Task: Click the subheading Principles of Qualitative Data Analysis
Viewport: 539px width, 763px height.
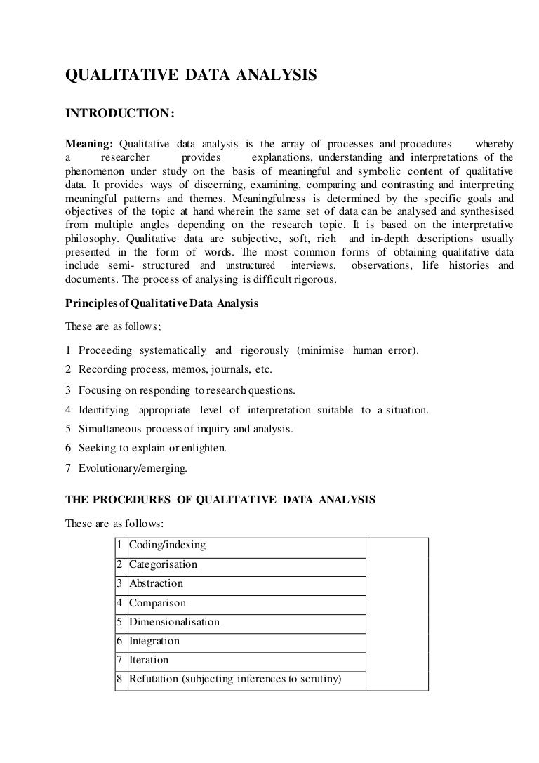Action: [x=162, y=304]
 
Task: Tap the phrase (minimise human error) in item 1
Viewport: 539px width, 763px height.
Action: [x=357, y=350]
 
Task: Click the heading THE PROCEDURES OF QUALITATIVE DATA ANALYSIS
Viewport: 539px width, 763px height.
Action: [x=220, y=500]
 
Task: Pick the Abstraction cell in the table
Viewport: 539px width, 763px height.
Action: [x=157, y=583]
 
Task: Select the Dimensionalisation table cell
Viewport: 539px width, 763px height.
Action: [x=175, y=621]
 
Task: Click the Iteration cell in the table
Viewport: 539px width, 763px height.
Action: [x=149, y=660]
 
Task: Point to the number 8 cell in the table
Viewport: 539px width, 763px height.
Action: [x=121, y=679]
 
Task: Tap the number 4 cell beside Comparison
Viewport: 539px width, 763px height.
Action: [x=121, y=602]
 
